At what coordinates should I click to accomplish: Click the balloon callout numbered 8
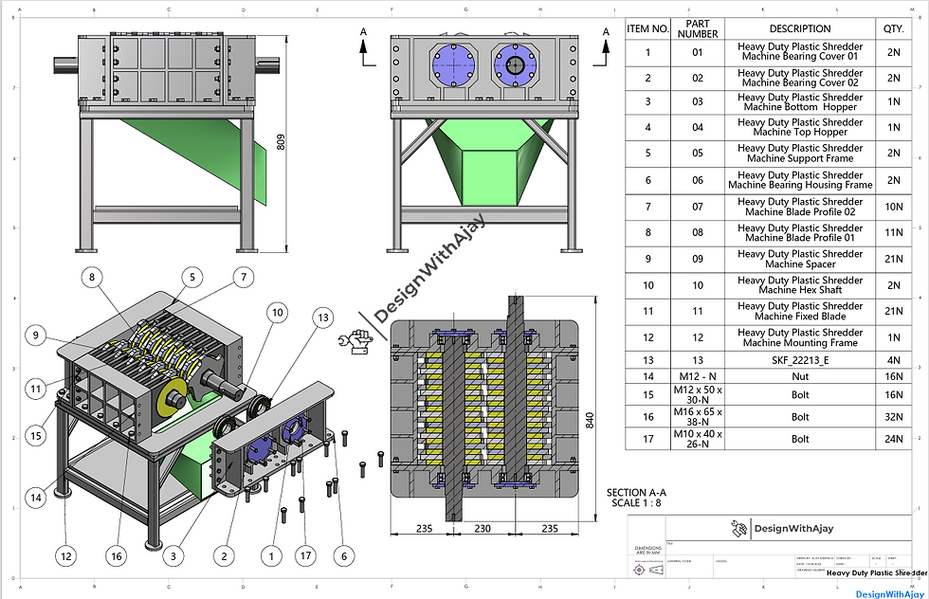[x=92, y=278]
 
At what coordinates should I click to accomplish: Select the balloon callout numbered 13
[x=323, y=317]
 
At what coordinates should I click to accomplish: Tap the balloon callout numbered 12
[x=65, y=555]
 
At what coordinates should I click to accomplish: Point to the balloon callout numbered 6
[x=342, y=555]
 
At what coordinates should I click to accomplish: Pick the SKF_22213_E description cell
[x=800, y=360]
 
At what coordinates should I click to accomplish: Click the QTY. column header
[x=893, y=28]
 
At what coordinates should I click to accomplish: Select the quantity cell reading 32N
[x=893, y=416]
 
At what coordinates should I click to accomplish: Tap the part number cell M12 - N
[x=697, y=377]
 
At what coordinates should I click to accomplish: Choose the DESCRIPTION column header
[x=800, y=28]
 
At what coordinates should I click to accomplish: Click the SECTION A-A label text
[x=636, y=492]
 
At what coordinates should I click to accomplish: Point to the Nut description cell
[x=800, y=377]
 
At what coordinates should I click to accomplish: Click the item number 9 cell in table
[x=648, y=260]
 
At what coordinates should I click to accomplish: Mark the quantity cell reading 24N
[x=893, y=439]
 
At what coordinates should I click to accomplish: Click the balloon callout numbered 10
[x=277, y=312]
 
